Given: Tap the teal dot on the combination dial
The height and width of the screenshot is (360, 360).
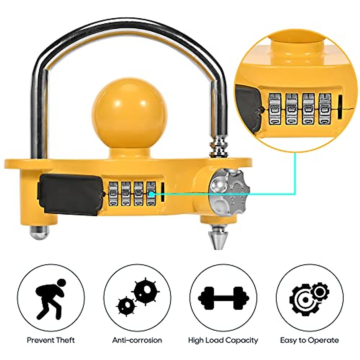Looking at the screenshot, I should coord(152,194).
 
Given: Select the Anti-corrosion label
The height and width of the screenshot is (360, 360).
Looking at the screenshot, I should coord(137,340).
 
